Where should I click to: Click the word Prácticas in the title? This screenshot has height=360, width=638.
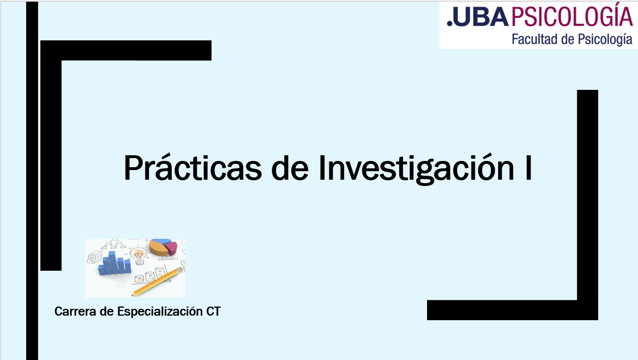[x=192, y=167]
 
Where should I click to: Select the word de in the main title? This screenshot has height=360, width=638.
[x=289, y=167]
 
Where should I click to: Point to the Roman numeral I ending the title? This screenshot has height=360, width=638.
[x=528, y=167]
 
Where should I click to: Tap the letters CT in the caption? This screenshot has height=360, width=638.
[x=213, y=312]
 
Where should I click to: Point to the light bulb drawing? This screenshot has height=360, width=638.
[x=139, y=255]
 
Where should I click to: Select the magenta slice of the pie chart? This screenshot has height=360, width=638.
[x=172, y=248]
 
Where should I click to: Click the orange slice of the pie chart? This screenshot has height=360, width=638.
[x=158, y=248]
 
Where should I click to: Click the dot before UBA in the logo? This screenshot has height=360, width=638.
[x=450, y=24]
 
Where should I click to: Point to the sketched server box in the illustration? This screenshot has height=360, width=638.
[x=95, y=257]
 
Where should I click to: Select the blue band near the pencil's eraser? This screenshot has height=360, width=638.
[x=178, y=270]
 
